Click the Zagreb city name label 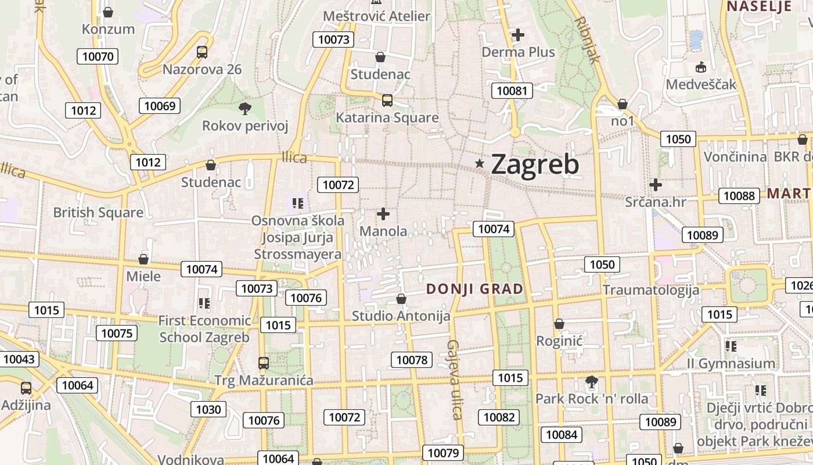[535, 164]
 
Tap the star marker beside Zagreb [480, 164]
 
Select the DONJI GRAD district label [474, 289]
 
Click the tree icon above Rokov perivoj [245, 108]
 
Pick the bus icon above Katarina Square [387, 101]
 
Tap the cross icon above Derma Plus [518, 35]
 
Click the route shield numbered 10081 [512, 91]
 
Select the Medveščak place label [701, 84]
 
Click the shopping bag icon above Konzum [108, 12]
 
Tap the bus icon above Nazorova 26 [202, 52]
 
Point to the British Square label [98, 213]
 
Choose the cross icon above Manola [383, 214]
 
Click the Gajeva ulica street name [454, 380]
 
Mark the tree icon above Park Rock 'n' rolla [592, 382]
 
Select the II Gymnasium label [731, 364]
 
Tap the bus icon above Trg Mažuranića [264, 363]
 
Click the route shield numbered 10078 [412, 360]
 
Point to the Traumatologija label [651, 289]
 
